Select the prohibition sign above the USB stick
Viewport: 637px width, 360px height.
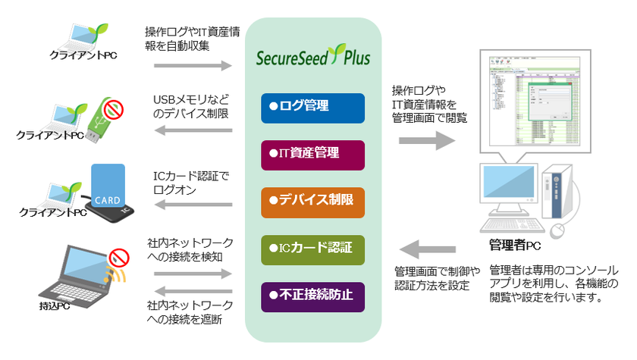(115, 108)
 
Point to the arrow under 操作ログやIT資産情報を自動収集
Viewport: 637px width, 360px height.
(193, 67)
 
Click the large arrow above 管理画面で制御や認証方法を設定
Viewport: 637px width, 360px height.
(428, 247)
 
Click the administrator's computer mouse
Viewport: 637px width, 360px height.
(558, 229)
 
